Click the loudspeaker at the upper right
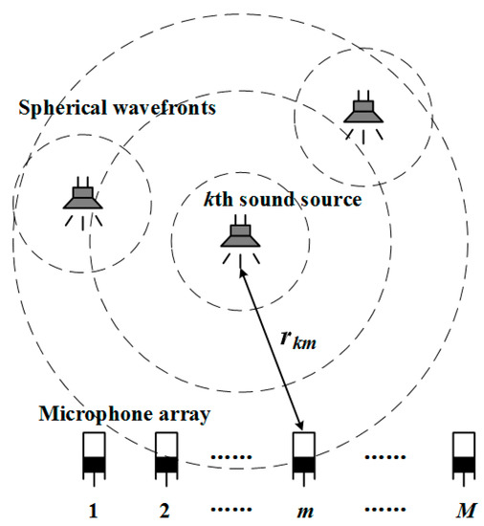tap(363, 111)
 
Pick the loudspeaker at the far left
tap(83, 198)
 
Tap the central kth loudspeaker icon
tap(237, 236)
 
